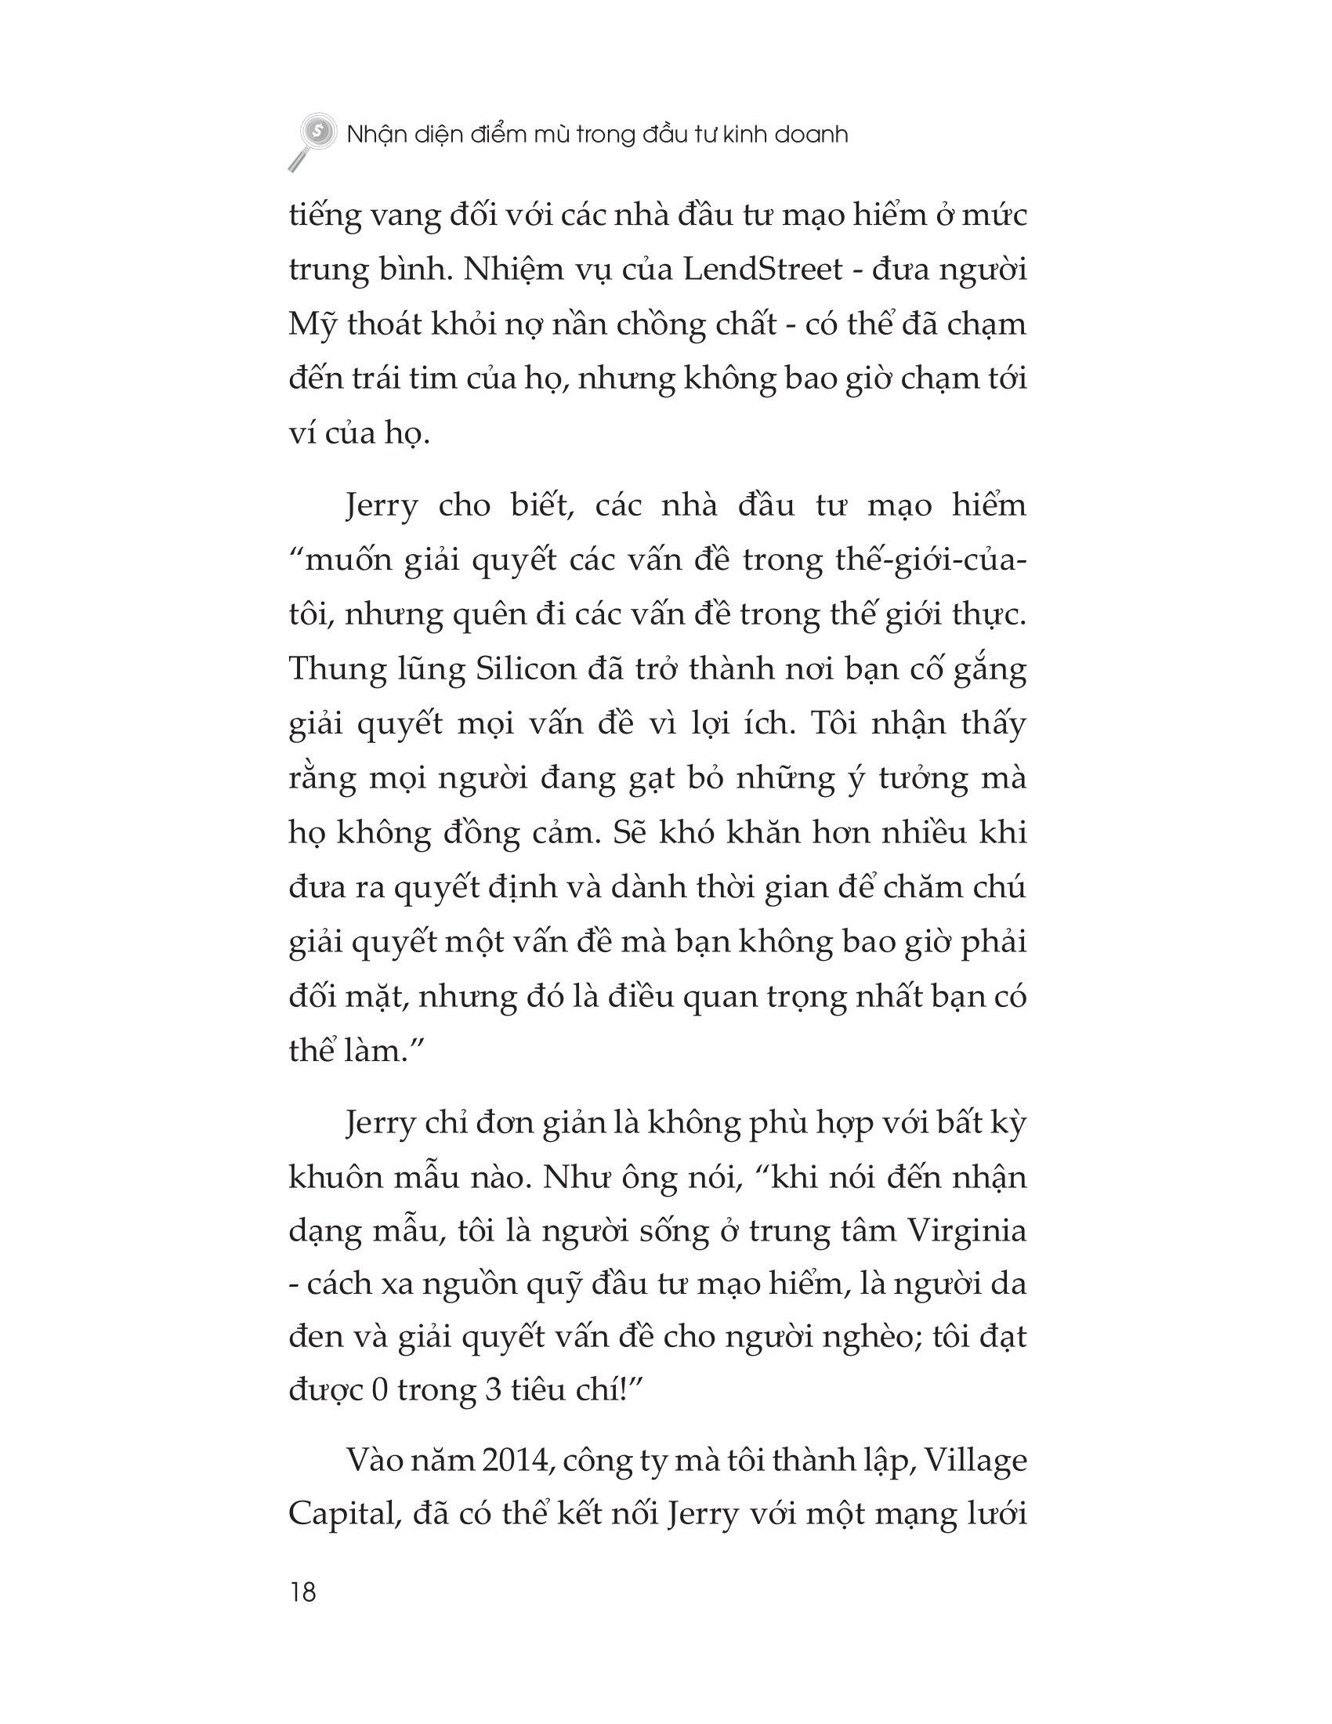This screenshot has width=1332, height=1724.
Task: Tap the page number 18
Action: (303, 1592)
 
